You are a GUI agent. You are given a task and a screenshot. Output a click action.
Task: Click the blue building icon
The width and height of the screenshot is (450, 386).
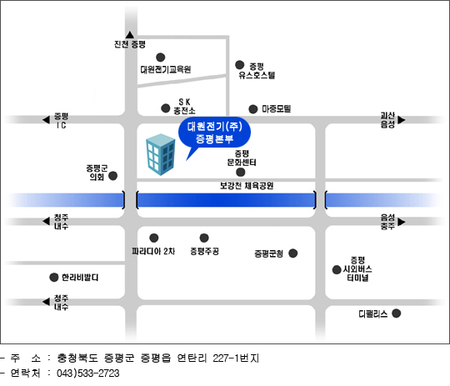point(161,154)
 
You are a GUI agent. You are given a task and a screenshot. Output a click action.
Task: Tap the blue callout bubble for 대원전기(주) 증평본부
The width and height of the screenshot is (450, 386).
point(214,133)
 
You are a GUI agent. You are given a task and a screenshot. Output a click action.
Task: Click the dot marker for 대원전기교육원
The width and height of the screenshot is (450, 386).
point(161,58)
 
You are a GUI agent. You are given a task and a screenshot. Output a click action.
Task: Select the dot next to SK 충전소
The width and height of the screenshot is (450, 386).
point(166,108)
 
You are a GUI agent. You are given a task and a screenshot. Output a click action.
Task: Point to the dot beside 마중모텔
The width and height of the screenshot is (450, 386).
point(252,109)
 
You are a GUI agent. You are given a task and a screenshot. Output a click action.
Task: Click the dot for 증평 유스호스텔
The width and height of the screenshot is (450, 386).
point(240,65)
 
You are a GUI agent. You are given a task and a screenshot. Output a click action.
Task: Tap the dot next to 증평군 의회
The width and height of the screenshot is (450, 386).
point(112,176)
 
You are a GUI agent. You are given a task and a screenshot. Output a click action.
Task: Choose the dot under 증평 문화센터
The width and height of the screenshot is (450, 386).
point(241,173)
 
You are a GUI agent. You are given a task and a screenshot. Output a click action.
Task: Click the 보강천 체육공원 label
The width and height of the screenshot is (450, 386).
point(247,186)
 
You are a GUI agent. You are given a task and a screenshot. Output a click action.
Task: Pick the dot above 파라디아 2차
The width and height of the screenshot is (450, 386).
point(154,238)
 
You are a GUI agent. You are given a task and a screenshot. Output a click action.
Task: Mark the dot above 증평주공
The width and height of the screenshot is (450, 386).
point(204,238)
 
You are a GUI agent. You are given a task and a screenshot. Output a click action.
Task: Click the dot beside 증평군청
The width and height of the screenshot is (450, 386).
point(293,253)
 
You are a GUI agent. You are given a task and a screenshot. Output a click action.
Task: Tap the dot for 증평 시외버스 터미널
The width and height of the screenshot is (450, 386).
point(337,270)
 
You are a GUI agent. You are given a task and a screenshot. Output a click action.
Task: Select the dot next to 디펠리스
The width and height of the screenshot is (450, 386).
point(397,313)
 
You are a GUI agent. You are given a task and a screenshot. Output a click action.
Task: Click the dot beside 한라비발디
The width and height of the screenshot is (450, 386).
point(54,278)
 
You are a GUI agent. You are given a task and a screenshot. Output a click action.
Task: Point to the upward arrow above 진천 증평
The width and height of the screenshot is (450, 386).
point(130,35)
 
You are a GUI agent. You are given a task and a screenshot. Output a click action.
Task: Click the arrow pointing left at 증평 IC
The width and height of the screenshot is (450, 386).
point(46,119)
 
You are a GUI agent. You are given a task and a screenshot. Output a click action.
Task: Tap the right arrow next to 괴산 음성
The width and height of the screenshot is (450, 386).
point(402,120)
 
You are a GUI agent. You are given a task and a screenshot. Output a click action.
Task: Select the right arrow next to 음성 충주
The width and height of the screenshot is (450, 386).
point(402,222)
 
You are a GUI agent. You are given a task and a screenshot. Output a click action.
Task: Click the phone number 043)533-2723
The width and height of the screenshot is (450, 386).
point(87,373)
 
